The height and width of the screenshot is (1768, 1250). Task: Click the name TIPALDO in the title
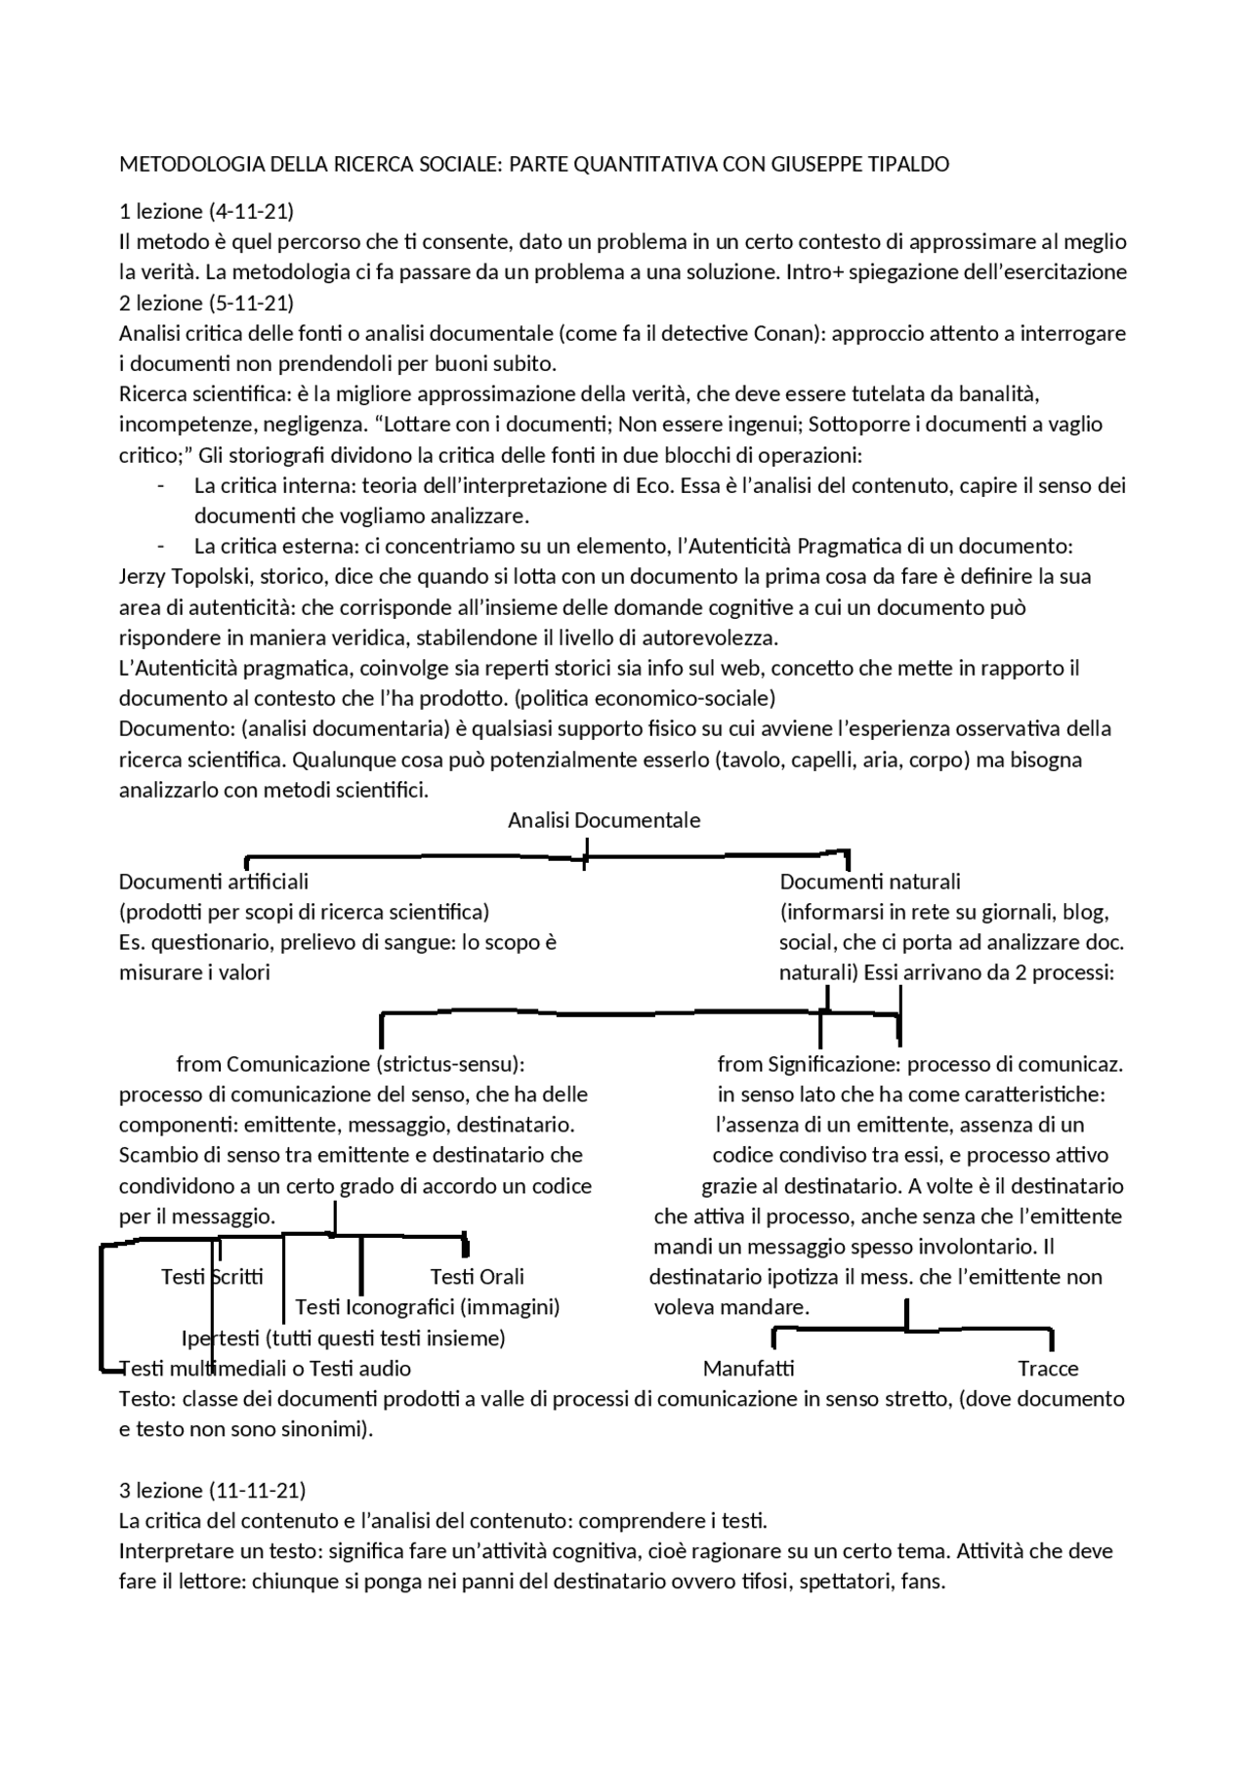point(908,164)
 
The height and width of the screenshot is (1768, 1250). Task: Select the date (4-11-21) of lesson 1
point(251,211)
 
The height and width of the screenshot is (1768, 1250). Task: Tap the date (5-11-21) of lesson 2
point(251,303)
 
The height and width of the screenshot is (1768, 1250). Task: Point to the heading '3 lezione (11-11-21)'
point(212,1490)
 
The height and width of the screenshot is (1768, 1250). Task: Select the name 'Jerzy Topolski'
point(183,576)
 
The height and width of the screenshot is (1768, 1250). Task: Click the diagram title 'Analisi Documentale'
point(604,820)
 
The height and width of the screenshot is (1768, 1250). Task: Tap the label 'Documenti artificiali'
point(213,882)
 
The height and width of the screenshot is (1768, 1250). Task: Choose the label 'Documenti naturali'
point(869,882)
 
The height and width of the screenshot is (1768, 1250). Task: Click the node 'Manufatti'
point(748,1369)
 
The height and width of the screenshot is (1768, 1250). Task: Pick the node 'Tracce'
point(1047,1369)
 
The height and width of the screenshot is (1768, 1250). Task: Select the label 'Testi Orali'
point(477,1277)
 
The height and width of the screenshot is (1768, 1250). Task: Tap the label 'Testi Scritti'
point(212,1277)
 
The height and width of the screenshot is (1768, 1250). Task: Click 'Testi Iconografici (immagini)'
point(427,1307)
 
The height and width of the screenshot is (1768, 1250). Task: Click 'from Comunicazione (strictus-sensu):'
point(356,1064)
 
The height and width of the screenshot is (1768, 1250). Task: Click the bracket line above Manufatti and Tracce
point(908,1329)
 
